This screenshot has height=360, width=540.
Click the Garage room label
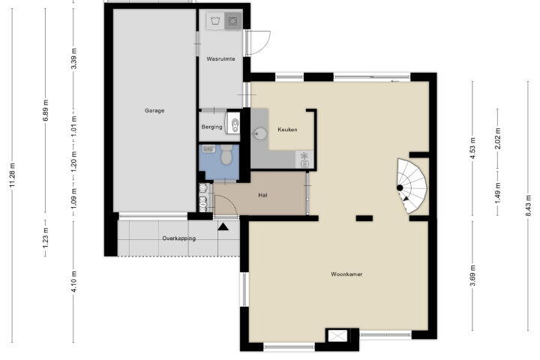point(154,110)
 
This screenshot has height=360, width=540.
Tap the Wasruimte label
point(220,59)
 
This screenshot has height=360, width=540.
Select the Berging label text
point(211,127)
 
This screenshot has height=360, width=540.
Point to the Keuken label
point(287,130)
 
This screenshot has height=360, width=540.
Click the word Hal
point(262,195)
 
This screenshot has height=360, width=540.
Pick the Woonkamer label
point(346,274)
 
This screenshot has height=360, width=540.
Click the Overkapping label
point(179,238)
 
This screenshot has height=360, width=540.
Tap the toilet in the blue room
point(226,154)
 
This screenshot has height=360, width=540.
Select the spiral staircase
point(412,186)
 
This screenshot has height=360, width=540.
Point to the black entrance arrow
point(223,226)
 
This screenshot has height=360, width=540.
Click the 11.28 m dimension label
point(13,175)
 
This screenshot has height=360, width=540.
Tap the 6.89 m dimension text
point(46,110)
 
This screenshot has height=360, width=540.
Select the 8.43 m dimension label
point(528,205)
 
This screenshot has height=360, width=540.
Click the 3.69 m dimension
point(472,275)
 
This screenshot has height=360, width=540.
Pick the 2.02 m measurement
point(498,139)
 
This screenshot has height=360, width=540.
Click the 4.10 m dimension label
point(73,282)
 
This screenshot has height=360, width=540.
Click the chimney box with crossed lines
point(337,335)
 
